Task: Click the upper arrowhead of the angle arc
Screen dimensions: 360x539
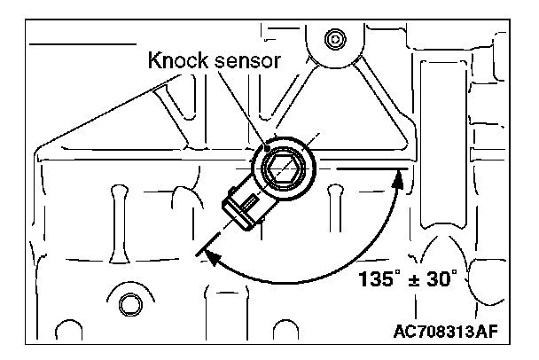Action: tap(397, 177)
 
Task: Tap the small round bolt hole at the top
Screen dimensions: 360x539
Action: tap(335, 40)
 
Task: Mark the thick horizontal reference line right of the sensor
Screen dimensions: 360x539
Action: tap(371, 166)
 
